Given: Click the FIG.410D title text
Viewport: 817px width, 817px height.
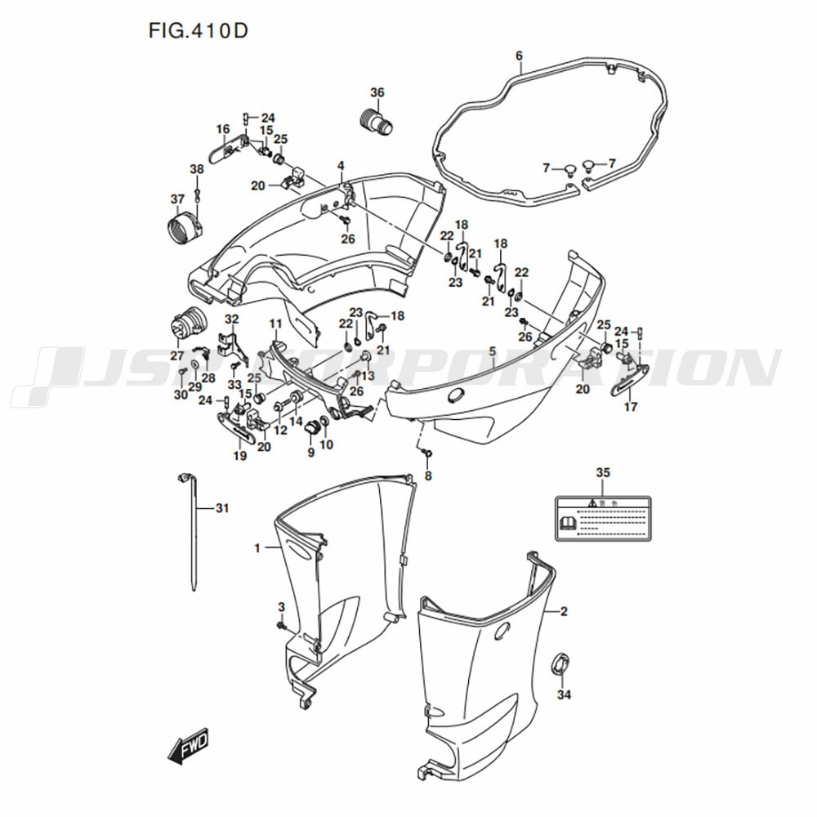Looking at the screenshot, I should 199,31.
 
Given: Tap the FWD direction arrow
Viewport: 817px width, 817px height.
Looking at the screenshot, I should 189,746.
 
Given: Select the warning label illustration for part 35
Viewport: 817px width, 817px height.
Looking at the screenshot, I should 603,517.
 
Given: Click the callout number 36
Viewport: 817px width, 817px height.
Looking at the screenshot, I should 377,92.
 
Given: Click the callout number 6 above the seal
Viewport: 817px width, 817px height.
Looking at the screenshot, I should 519,56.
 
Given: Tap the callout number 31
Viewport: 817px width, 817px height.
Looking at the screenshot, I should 222,508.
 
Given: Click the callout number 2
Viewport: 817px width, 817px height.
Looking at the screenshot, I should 563,611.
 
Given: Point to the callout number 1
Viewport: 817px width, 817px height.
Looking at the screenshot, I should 257,548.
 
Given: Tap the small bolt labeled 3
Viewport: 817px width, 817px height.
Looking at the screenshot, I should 282,626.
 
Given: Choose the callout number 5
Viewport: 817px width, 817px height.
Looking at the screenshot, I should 492,351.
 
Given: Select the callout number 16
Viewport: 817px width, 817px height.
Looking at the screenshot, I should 223,129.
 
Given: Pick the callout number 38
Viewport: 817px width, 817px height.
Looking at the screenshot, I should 197,169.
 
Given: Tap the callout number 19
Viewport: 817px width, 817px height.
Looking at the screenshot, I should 239,456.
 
